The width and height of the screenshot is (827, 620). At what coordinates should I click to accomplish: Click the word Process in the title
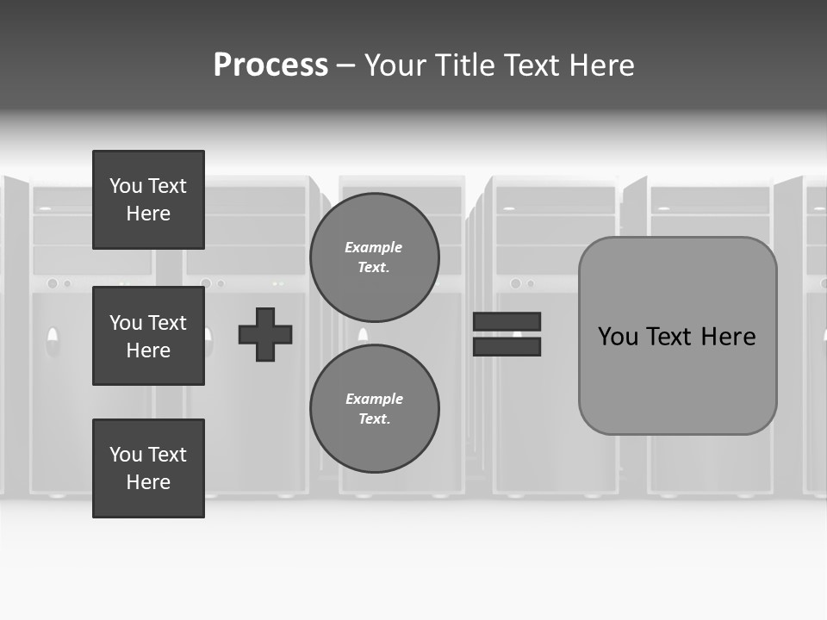(x=270, y=65)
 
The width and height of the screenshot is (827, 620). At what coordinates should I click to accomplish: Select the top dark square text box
(x=148, y=200)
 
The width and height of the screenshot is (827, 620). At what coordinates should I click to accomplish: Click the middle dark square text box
(x=148, y=336)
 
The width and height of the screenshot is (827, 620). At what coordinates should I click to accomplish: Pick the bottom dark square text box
(x=148, y=468)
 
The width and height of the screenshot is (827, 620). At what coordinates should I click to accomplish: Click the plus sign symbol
(x=265, y=334)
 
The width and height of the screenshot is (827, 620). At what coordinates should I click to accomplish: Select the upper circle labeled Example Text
(x=374, y=257)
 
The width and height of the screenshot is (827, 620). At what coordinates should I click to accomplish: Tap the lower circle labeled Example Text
(x=374, y=408)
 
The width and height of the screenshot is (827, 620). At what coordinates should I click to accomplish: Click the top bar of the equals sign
(x=507, y=321)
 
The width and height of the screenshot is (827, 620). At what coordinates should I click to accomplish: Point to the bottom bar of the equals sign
(x=507, y=346)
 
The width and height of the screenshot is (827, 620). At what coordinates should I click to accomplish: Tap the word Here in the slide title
(x=600, y=65)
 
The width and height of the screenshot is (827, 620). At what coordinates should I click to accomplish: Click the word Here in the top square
(x=148, y=214)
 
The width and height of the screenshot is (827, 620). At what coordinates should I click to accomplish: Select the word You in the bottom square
(x=126, y=455)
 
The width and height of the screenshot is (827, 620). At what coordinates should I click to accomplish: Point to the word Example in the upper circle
(x=374, y=247)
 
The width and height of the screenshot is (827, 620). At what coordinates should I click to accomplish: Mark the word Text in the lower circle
(x=374, y=418)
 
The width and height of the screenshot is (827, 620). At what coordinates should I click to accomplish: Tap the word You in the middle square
(x=126, y=323)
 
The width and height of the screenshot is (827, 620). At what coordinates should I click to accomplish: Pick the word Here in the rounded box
(x=729, y=337)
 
